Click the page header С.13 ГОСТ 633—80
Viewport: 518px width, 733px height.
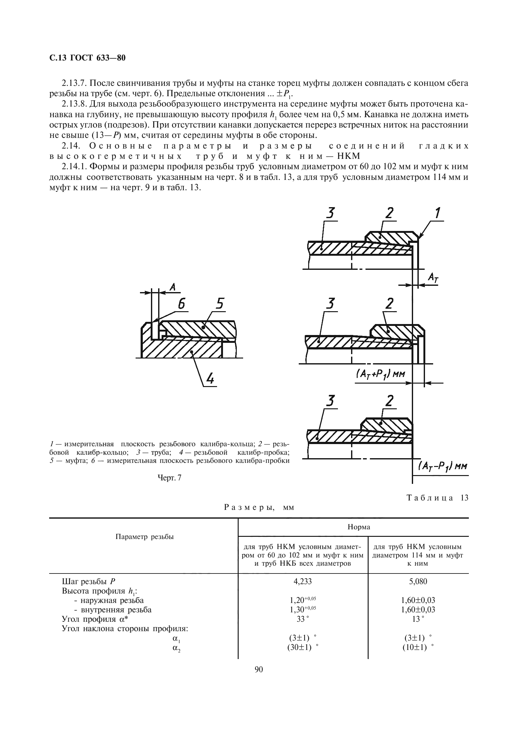coord(87,58)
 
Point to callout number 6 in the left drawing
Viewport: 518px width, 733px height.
coord(181,304)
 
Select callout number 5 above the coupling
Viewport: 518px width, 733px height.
coord(220,304)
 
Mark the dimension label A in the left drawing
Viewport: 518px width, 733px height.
coord(173,287)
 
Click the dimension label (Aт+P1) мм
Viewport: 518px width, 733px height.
coord(380,374)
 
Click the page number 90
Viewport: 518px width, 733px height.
coord(259,669)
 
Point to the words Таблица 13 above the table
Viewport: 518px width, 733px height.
coord(437,498)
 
